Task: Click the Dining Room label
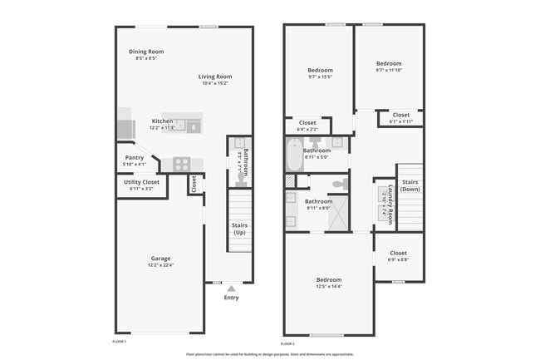tap(146, 52)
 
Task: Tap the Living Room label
tap(214, 76)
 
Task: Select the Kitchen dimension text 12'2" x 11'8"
tap(162, 128)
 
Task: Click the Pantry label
tap(134, 157)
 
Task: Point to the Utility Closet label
tap(141, 181)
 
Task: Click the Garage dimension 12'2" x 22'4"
tap(161, 265)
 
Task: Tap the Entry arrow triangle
tap(231, 288)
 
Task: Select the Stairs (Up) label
tap(239, 229)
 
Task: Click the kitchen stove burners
tap(182, 164)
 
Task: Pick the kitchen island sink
tap(194, 126)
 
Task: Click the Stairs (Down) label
tap(410, 185)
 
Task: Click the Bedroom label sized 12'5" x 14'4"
tap(328, 279)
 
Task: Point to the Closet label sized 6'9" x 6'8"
tap(398, 253)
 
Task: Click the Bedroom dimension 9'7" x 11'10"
tap(388, 71)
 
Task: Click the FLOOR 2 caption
tap(287, 343)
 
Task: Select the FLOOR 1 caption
tap(119, 341)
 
